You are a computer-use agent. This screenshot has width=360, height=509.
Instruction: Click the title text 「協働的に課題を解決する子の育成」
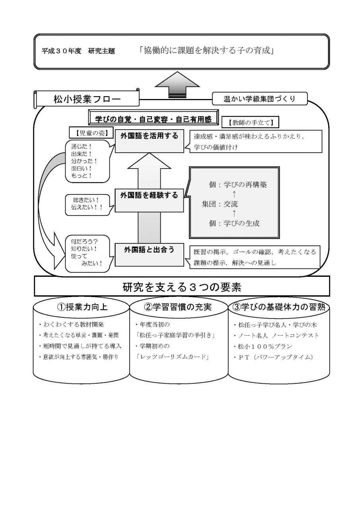(x=206, y=51)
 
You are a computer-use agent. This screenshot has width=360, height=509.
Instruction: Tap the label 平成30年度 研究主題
(x=78, y=51)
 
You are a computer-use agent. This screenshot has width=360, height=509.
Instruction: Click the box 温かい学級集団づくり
(x=260, y=99)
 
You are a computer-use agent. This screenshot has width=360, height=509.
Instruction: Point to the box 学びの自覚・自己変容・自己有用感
(x=153, y=119)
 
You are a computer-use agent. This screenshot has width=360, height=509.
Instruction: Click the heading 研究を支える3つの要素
(x=182, y=287)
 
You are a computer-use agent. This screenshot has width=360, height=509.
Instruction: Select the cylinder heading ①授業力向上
(x=82, y=307)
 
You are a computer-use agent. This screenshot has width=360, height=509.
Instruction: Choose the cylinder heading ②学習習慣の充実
(x=177, y=307)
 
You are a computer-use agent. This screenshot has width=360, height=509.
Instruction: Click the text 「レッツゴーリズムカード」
(x=172, y=357)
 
